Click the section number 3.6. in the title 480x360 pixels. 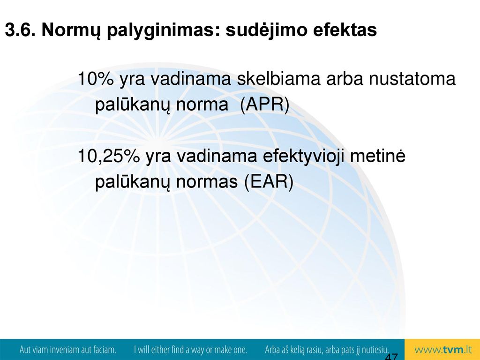pos(20,30)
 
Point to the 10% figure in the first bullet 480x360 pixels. pos(96,78)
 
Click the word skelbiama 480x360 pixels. pos(278,78)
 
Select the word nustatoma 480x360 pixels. pos(412,78)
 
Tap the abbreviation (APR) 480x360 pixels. pos(265,105)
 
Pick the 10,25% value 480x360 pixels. pos(109,156)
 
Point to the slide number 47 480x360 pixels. pos(391,357)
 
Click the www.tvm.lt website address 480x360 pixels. pos(443,350)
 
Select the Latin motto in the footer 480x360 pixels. pos(67,350)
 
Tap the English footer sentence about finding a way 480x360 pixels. pos(190,350)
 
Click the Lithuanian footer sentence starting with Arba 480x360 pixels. pos(327,350)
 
